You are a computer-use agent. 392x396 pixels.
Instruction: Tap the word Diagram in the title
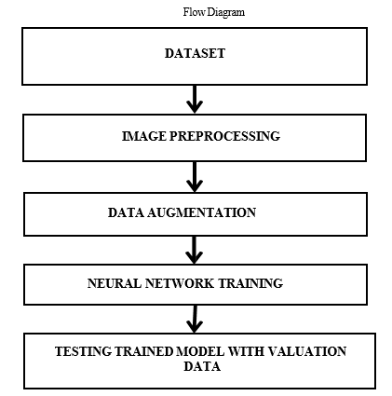pos(225,13)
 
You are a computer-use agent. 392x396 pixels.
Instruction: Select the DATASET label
pos(195,53)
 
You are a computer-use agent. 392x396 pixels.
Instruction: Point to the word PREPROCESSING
pos(224,136)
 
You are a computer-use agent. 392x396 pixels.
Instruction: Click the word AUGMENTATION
pos(201,212)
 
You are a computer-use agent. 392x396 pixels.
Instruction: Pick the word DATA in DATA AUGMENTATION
pos(126,212)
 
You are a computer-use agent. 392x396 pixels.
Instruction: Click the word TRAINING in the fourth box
pos(250,283)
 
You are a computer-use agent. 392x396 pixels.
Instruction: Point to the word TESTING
pos(84,351)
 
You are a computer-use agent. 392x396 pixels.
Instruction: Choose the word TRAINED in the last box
pos(144,351)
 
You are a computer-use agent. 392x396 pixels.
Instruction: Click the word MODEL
pos(200,351)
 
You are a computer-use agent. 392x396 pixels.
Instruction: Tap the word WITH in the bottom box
pos(246,351)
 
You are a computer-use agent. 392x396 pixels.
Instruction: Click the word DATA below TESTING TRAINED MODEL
pos(202,366)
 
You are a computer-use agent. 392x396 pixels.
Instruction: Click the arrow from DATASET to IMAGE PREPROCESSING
pos(195,100)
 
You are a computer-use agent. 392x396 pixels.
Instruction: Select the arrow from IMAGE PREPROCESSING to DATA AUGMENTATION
pos(195,177)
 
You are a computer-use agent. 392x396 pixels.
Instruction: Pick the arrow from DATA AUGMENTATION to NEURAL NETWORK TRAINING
pos(195,250)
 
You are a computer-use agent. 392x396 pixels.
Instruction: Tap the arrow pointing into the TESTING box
pos(195,319)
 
